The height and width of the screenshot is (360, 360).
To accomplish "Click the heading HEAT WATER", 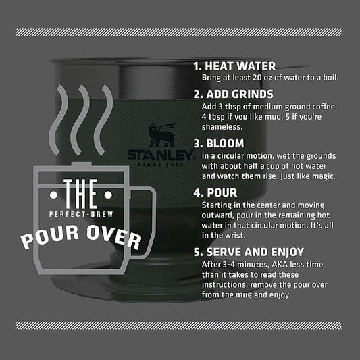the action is [240, 66].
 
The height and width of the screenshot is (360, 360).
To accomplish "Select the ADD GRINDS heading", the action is [240, 94].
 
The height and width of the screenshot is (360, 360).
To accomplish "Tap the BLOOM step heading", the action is [225, 143].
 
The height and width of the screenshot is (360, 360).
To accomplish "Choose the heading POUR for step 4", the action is [222, 192].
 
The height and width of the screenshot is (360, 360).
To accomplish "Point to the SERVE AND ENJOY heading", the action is [255, 252].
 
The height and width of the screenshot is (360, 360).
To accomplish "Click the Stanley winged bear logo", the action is [161, 135].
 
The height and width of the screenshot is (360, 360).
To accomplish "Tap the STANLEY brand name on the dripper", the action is [161, 155].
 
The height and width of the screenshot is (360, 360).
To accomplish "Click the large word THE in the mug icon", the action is [80, 194].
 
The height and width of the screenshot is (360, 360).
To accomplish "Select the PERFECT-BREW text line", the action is [81, 214].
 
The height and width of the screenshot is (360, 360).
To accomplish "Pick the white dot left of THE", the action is [53, 195].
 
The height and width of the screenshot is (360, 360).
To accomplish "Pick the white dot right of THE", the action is [108, 195].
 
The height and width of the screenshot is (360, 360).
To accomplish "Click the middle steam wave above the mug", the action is [80, 120].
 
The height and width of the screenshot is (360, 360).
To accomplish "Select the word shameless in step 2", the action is [222, 127].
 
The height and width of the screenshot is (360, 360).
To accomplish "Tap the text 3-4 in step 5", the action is [229, 265].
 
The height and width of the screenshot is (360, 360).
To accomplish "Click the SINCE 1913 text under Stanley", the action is [161, 165].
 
